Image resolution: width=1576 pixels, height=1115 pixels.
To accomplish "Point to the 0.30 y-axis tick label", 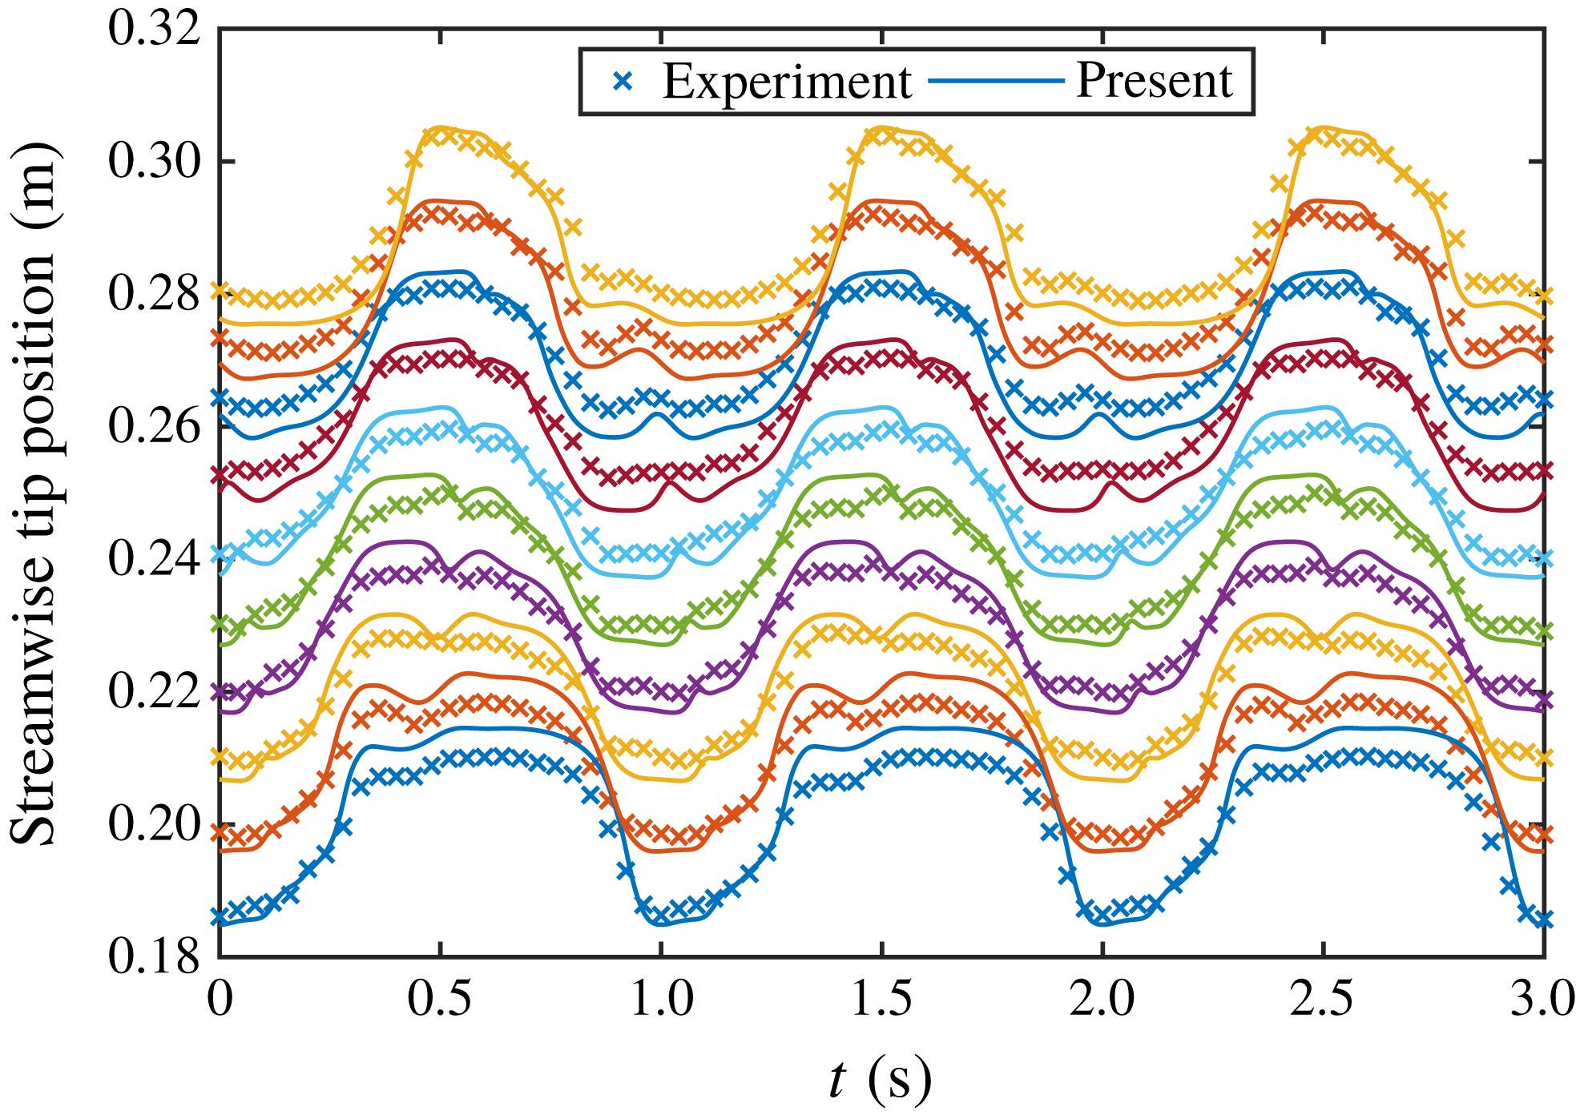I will click(154, 161).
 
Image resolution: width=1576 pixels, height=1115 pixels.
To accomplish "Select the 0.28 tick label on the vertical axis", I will click(154, 293).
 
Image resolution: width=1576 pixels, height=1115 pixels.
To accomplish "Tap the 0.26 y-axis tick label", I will click(154, 425).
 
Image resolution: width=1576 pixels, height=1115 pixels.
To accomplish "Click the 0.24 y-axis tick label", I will click(154, 558).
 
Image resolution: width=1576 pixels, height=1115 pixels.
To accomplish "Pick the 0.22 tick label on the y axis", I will click(154, 690).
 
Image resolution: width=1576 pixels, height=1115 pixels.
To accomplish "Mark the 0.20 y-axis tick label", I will click(154, 823).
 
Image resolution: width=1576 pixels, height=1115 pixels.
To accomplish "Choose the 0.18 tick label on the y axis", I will click(154, 955).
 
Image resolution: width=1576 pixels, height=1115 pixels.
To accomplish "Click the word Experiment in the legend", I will click(787, 82).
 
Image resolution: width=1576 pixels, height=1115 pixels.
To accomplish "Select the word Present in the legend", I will click(1154, 80).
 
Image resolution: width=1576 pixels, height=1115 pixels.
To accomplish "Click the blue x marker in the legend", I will click(623, 81).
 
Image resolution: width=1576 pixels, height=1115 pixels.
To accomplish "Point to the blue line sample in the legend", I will click(996, 81).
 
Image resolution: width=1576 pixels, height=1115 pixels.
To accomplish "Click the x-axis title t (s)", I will click(880, 1079).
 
